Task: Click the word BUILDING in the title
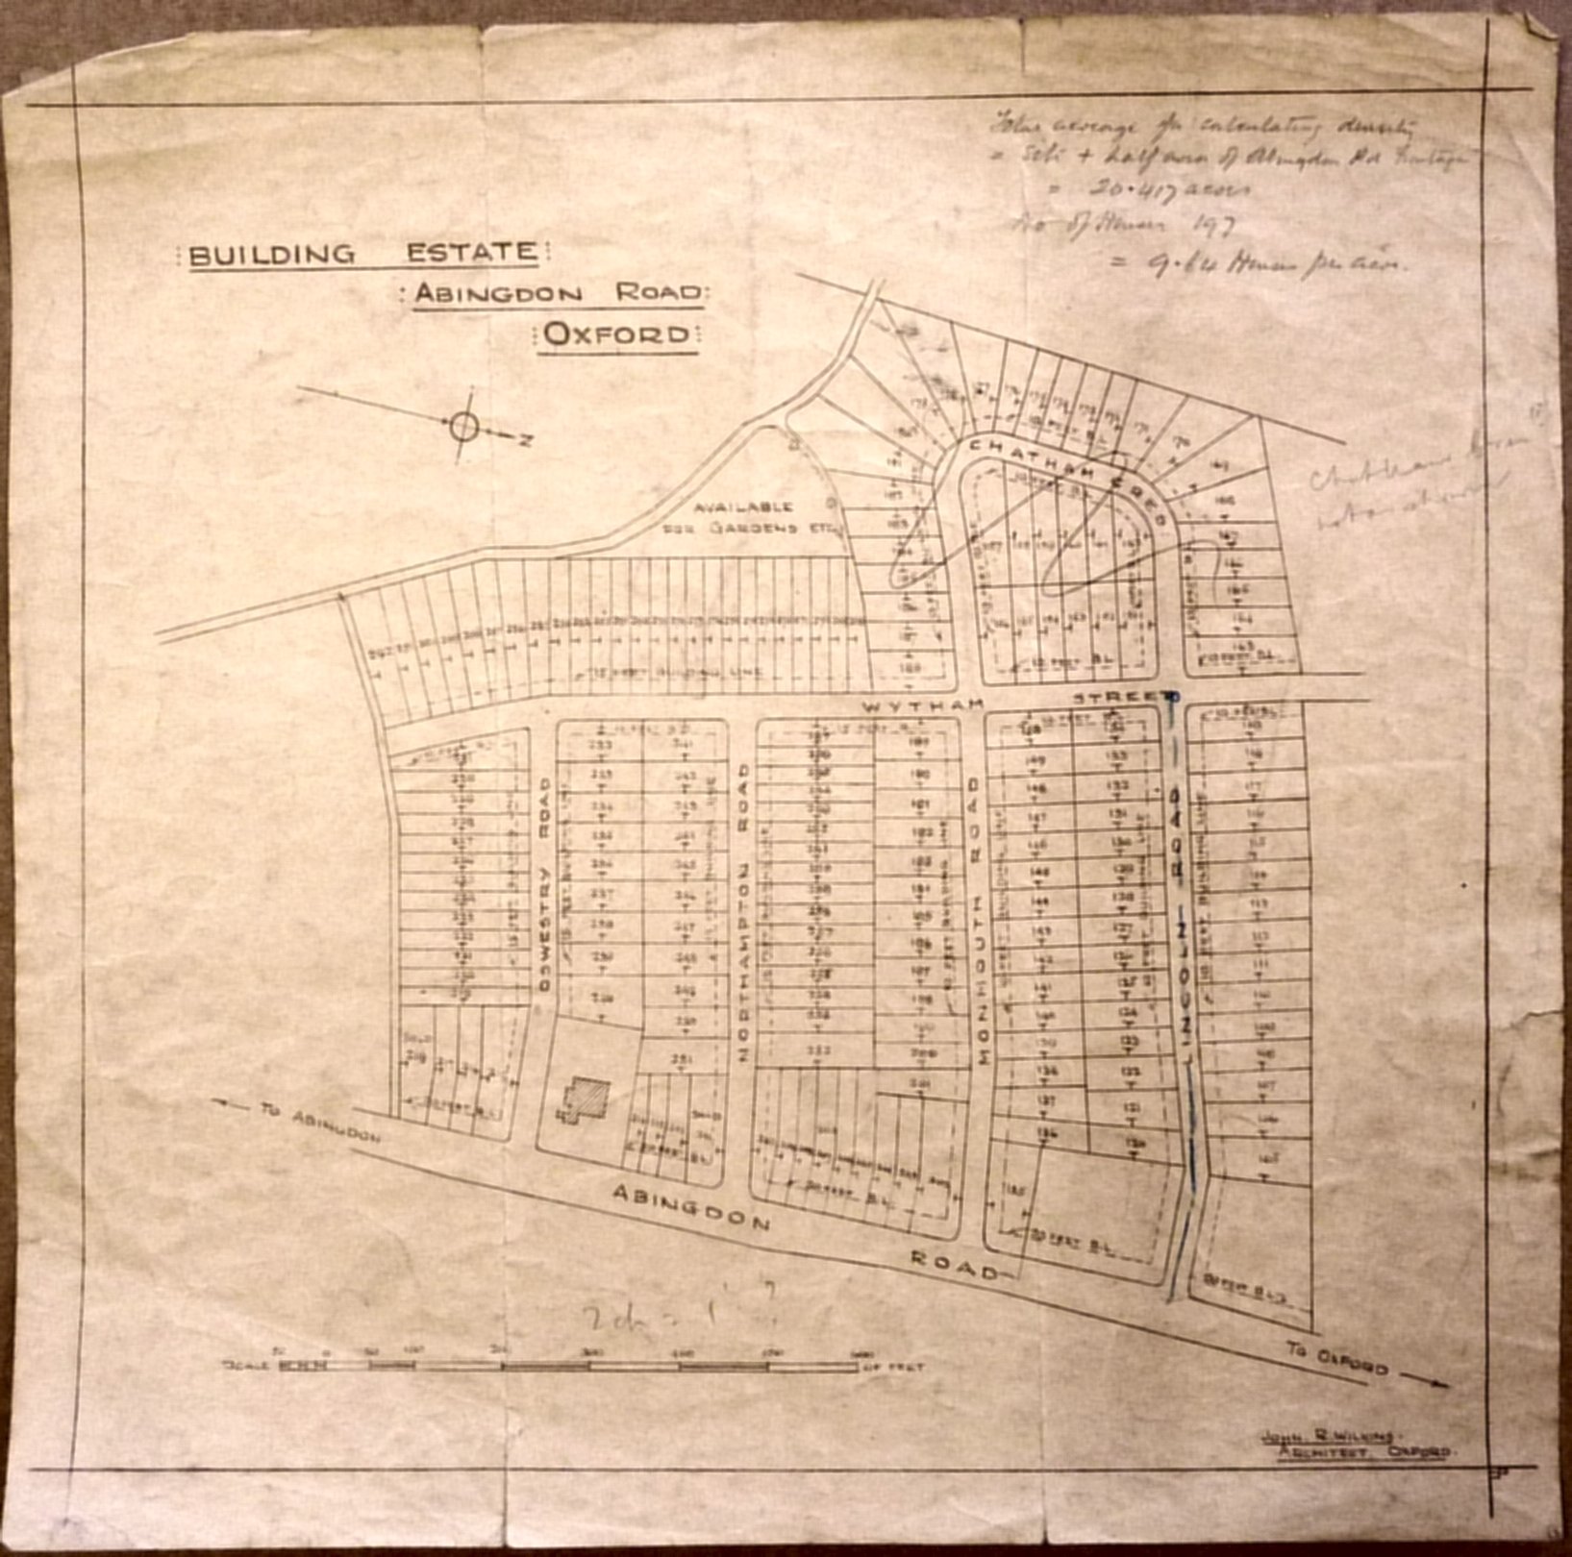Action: [x=271, y=255]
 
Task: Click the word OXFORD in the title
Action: [x=616, y=334]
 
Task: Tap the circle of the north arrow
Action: [x=463, y=426]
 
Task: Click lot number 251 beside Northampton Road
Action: [x=683, y=1059]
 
